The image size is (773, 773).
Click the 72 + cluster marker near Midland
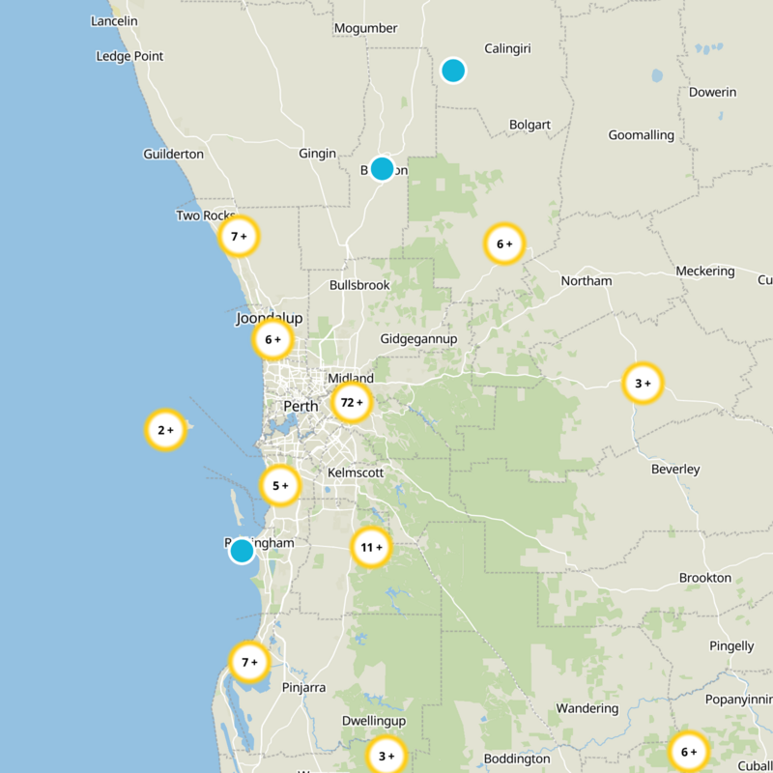(x=352, y=402)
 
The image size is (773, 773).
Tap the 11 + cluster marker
(x=371, y=548)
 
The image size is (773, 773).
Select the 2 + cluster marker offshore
(x=165, y=430)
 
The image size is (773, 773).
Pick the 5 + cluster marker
(x=280, y=486)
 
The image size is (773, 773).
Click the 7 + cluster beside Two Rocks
(x=239, y=236)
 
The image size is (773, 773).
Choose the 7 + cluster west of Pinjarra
(x=249, y=662)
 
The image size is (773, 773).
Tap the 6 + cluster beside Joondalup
(x=272, y=340)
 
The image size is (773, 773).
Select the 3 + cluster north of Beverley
(x=643, y=384)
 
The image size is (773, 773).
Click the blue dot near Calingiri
(x=453, y=71)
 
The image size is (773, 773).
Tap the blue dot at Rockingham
(x=242, y=551)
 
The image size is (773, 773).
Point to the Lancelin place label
(x=114, y=21)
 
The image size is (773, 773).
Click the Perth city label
(x=301, y=407)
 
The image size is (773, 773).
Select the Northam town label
(x=587, y=281)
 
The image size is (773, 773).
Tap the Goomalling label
(x=641, y=135)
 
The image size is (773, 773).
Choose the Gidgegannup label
(x=418, y=339)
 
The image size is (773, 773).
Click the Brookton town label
(x=705, y=578)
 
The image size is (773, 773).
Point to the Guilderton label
(x=173, y=155)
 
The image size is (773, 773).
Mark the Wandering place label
(x=587, y=708)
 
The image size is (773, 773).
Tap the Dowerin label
(x=713, y=93)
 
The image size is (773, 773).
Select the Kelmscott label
(x=356, y=472)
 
